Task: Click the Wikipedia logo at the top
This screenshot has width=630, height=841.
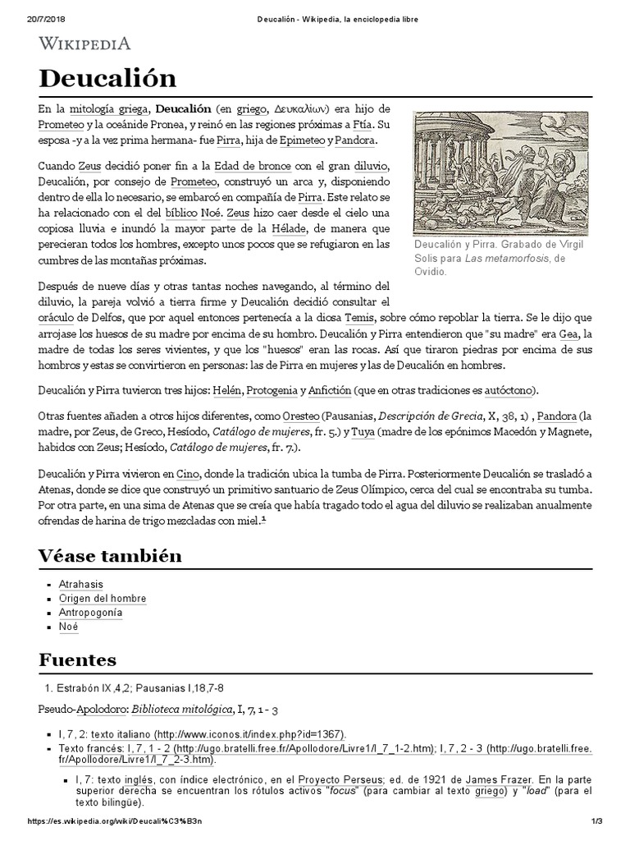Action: tap(84, 44)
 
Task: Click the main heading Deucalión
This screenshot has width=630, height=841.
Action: tap(107, 79)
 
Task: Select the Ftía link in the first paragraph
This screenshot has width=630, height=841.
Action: tap(362, 125)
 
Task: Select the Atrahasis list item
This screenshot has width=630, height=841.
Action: tap(81, 584)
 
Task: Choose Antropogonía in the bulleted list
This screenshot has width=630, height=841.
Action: tap(90, 612)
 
